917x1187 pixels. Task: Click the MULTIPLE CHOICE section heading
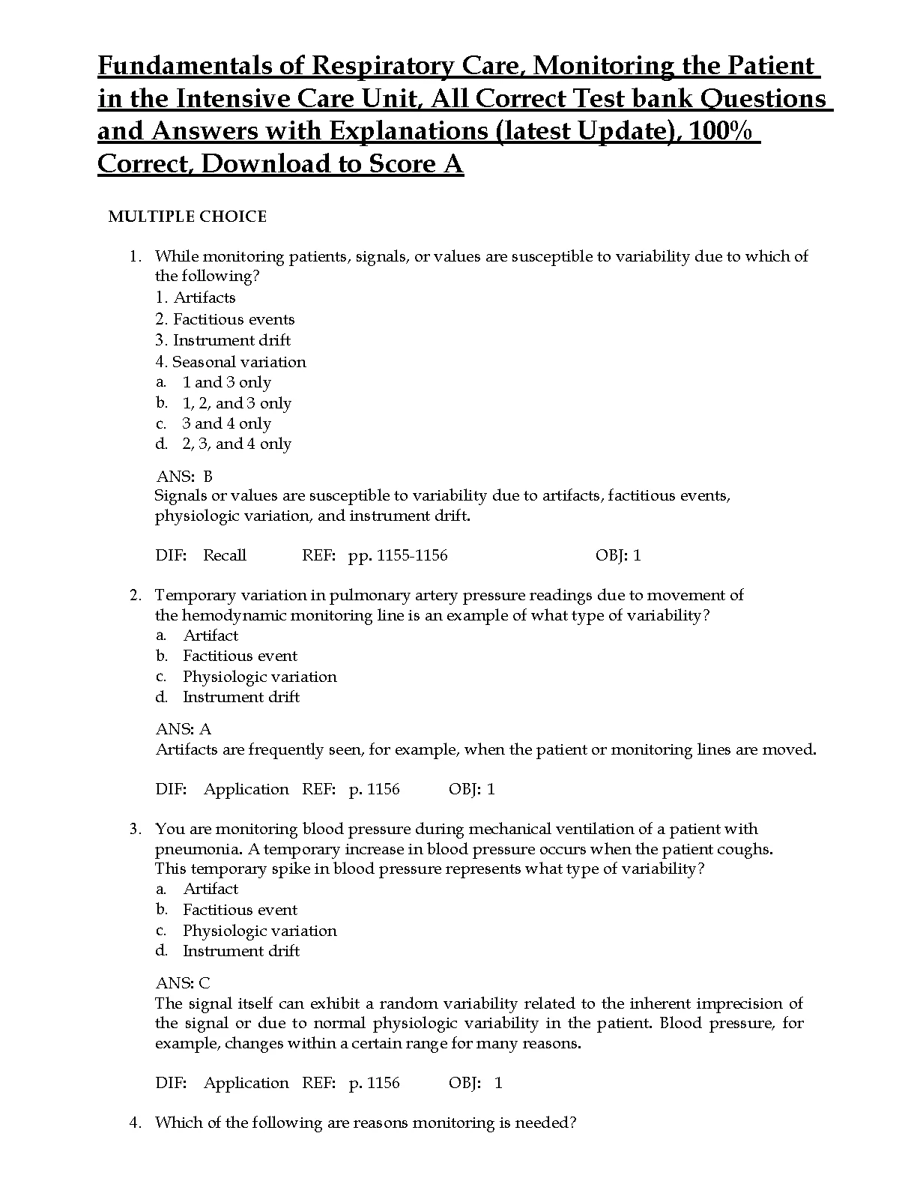187,217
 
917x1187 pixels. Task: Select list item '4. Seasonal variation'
231,362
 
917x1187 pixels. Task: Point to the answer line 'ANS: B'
184,477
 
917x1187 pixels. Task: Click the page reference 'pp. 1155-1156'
397,555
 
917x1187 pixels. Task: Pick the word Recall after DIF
225,555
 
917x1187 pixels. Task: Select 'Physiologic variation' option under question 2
259,677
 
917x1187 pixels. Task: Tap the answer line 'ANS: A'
184,729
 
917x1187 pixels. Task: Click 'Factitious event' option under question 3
240,910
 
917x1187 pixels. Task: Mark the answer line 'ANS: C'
183,983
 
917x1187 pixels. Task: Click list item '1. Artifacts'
196,297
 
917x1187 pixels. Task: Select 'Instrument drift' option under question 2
240,697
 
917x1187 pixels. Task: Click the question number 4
135,1123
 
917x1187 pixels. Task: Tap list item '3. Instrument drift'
223,340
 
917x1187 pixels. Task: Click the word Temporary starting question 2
195,596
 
